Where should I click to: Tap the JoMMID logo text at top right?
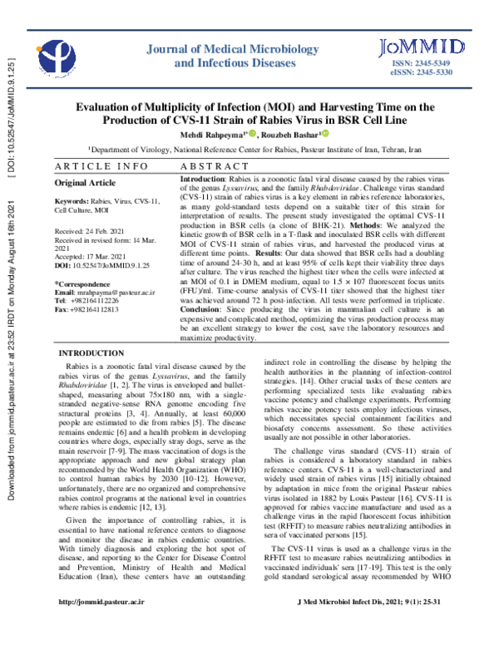(x=413, y=47)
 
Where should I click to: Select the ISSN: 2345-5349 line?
(x=421, y=64)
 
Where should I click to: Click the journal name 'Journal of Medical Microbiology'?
(x=223, y=48)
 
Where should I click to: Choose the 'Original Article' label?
(x=86, y=181)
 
